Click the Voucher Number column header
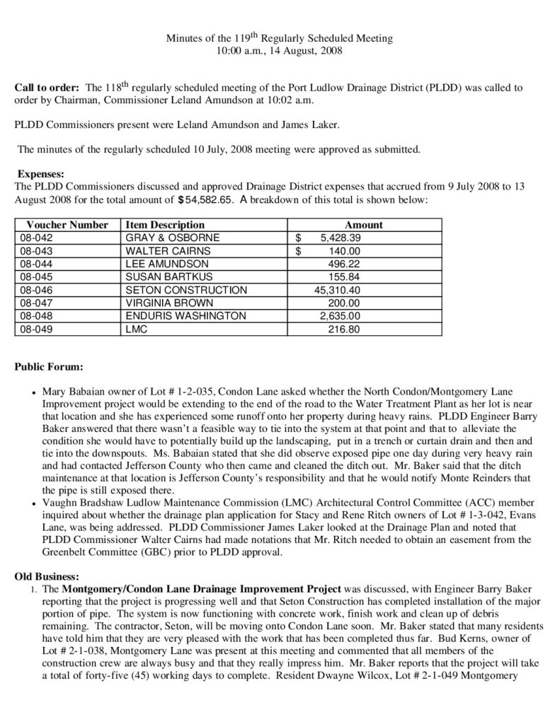coord(68,225)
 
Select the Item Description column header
coord(165,225)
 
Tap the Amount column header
coord(363,225)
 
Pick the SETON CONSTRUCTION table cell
coord(186,290)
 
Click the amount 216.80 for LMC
coord(344,329)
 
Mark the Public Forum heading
coord(49,367)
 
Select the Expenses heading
coord(41,174)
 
